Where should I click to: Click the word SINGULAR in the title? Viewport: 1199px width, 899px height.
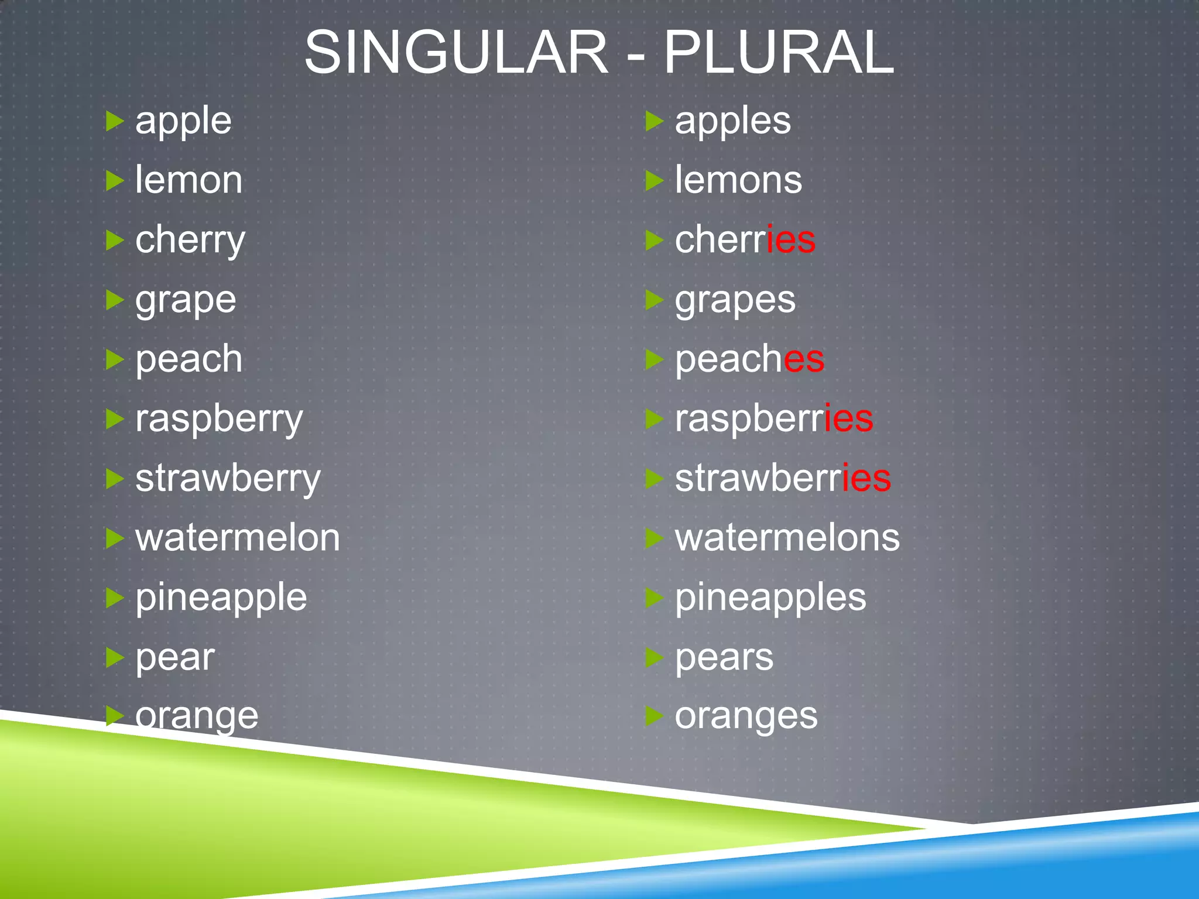click(456, 53)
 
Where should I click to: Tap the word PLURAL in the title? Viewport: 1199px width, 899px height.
click(779, 53)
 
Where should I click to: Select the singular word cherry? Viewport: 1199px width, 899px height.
click(190, 240)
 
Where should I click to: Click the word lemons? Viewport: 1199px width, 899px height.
click(738, 180)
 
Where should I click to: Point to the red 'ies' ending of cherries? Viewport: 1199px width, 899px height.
click(791, 240)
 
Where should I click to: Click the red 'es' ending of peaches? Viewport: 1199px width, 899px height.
click(804, 359)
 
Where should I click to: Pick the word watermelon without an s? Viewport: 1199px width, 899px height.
click(238, 537)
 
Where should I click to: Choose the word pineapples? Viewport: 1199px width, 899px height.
click(770, 597)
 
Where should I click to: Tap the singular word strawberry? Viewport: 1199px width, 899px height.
click(228, 479)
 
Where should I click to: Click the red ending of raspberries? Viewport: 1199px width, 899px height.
click(849, 418)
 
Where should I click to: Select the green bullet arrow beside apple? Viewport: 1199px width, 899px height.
click(115, 121)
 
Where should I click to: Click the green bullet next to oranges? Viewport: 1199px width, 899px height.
click(654, 715)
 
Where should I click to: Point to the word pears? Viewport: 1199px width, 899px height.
click(724, 657)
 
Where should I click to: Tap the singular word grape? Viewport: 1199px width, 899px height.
click(186, 301)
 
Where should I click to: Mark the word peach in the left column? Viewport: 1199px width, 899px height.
click(189, 359)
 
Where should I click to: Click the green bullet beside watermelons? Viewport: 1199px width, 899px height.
click(654, 538)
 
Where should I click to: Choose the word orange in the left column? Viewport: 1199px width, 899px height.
click(197, 716)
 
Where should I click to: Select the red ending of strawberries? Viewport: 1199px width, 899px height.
click(866, 478)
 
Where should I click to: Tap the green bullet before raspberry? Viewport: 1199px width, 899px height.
click(115, 419)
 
